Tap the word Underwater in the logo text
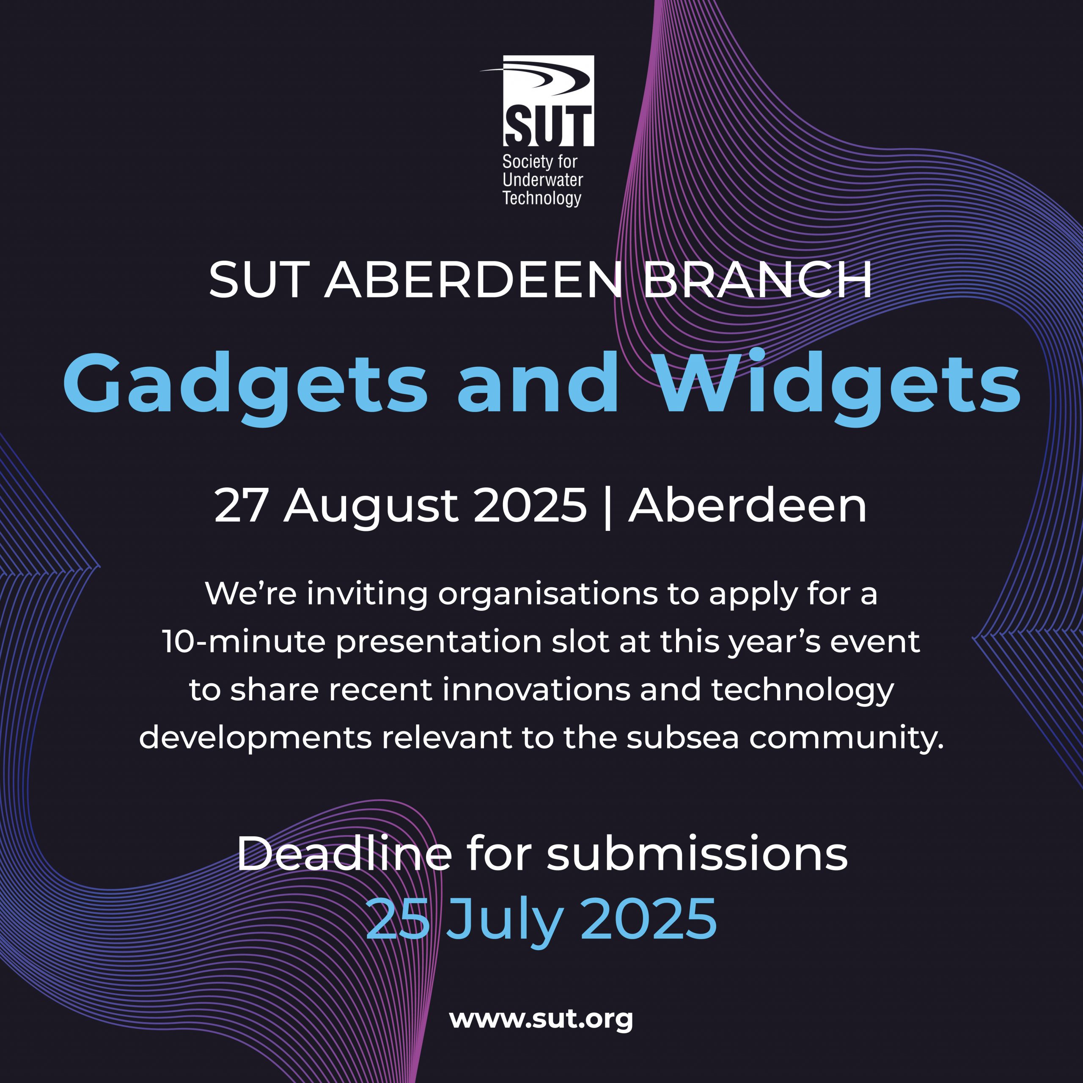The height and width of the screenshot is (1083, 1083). click(543, 180)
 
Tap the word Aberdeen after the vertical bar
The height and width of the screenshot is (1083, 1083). click(747, 506)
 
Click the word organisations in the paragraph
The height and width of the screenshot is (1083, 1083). click(548, 595)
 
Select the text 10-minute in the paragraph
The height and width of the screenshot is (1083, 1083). click(244, 642)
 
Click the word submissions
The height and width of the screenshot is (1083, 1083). click(697, 854)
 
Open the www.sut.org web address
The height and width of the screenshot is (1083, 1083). click(541, 1019)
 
